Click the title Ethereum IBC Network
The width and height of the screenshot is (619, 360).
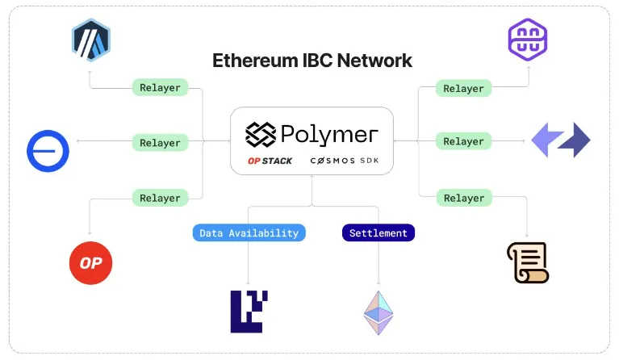pyautogui.click(x=312, y=61)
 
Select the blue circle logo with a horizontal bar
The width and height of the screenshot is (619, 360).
pyautogui.click(x=48, y=150)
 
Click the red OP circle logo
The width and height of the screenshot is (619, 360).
pyautogui.click(x=90, y=263)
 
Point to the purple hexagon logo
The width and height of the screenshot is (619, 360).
pyautogui.click(x=528, y=39)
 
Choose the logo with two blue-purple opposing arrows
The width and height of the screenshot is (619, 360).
pyautogui.click(x=561, y=140)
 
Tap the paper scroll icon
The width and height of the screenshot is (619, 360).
pyautogui.click(x=528, y=262)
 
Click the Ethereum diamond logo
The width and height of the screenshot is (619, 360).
pyautogui.click(x=378, y=312)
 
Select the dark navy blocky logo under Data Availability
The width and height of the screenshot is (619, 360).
pyautogui.click(x=249, y=312)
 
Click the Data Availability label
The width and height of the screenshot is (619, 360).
pyautogui.click(x=249, y=233)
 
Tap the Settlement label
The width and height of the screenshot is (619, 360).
pyautogui.click(x=378, y=233)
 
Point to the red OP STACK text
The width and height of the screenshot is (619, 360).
pyautogui.click(x=270, y=161)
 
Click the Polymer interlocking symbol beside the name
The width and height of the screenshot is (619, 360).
pyautogui.click(x=261, y=133)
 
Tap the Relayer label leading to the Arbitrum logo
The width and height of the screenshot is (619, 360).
pyautogui.click(x=160, y=87)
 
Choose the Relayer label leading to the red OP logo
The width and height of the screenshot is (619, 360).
pyautogui.click(x=160, y=198)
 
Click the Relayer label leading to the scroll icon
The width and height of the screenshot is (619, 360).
pyautogui.click(x=463, y=198)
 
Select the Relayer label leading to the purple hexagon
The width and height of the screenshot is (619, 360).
pyautogui.click(x=463, y=88)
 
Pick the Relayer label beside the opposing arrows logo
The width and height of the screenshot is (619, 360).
pyautogui.click(x=463, y=141)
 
